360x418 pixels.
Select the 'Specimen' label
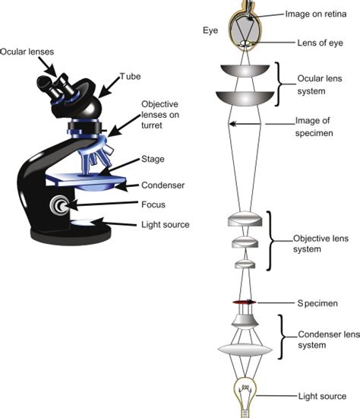318,303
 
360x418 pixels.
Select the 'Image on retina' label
320,13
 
